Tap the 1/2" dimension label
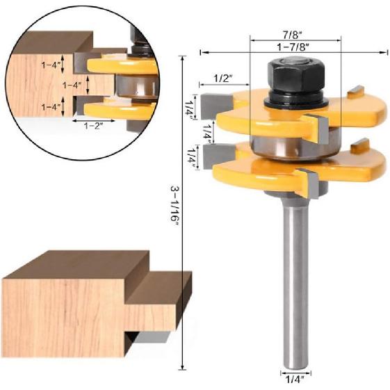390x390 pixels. point(222,77)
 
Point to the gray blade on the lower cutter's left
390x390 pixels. point(212,157)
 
